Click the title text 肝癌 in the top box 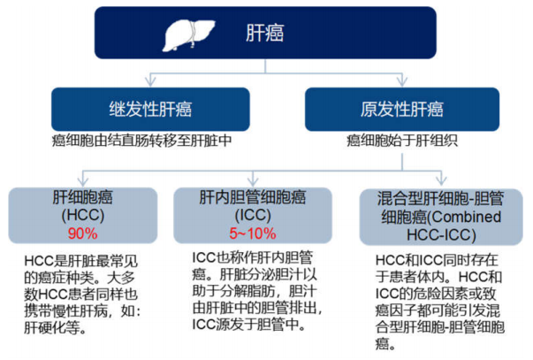pos(265,33)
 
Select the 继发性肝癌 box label pos(150,109)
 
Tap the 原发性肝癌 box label pos(402,109)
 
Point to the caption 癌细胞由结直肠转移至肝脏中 pos(141,141)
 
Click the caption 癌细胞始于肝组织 pos(402,141)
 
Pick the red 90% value pos(82,234)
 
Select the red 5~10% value pos(253,234)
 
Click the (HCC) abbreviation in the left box pos(82,215)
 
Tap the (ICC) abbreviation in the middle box pos(253,215)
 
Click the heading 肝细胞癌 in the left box pos(82,197)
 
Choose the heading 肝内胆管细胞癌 pos(253,197)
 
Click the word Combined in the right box pos(467,217)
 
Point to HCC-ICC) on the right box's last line pos(441,234)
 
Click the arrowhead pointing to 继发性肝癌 pos(150,81)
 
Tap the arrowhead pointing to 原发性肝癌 pos(402,81)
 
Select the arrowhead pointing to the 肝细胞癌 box pos(83,180)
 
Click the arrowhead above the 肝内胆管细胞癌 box pos(253,180)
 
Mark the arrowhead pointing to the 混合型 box pos(441,180)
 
